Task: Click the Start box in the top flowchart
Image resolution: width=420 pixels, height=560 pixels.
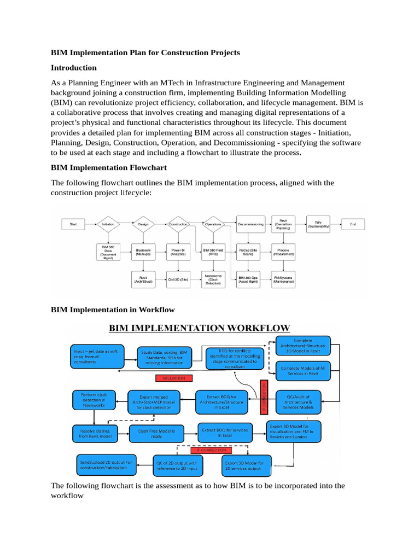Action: (73, 224)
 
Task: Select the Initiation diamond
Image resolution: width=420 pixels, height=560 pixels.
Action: (108, 224)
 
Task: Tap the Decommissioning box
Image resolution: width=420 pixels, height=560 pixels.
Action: (250, 224)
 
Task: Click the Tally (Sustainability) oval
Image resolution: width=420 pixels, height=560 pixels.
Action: (318, 223)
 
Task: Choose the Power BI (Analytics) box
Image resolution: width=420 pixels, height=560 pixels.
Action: (178, 252)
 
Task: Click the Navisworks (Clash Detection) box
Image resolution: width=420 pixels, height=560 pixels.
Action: (213, 279)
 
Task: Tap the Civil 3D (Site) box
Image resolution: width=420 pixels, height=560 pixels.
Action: (178, 279)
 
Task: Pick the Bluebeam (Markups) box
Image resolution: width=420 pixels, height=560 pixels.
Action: (143, 252)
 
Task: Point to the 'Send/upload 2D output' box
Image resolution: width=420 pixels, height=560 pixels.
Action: (107, 465)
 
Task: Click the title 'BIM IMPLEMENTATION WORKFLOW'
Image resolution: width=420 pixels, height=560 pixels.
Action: (199, 329)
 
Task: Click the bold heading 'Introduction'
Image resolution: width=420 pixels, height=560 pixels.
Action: (74, 68)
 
